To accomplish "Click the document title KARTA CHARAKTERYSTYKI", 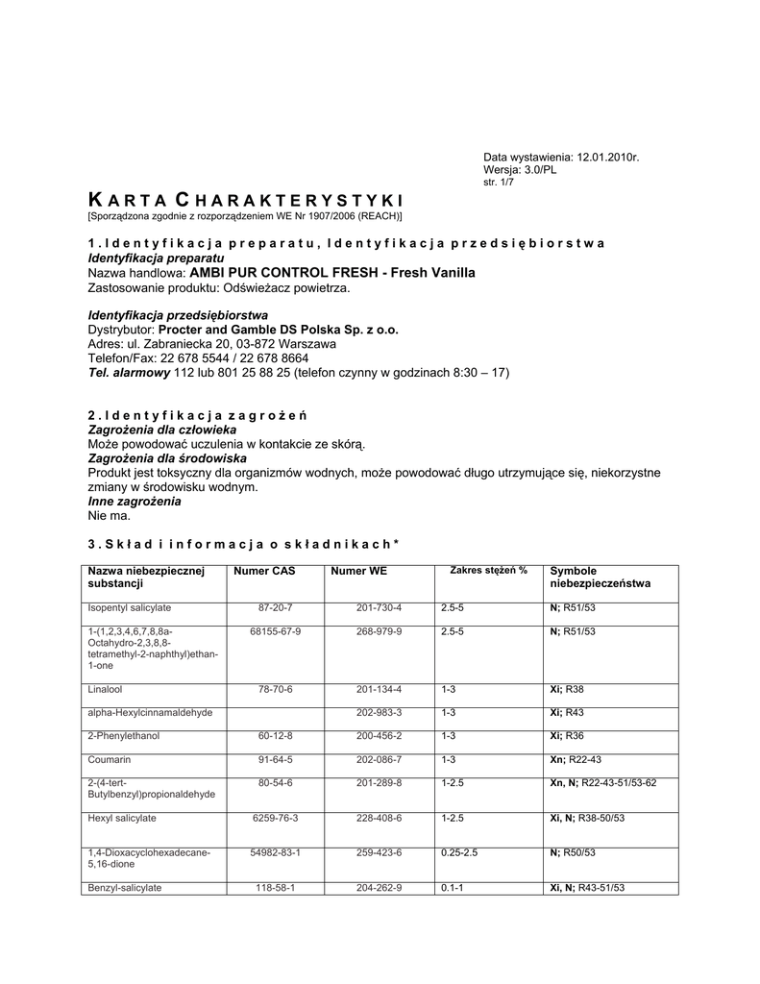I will click(x=245, y=200).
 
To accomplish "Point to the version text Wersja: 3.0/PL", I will click(x=520, y=169).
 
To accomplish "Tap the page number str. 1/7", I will click(x=499, y=182).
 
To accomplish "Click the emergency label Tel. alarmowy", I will click(x=129, y=372).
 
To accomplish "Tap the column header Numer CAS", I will click(x=265, y=572).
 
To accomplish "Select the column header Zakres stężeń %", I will click(x=488, y=571).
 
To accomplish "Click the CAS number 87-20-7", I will click(x=275, y=608).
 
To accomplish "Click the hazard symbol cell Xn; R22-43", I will click(x=576, y=760).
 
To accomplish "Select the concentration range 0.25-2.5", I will click(x=459, y=853).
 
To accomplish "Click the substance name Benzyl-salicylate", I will click(x=125, y=888).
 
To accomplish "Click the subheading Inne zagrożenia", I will click(x=135, y=502).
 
